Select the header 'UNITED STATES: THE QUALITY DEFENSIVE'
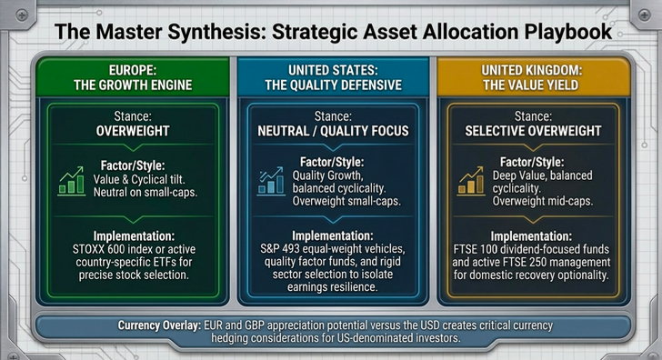point(334,76)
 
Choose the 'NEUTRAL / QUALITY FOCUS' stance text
point(333,130)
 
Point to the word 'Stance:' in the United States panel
point(333,116)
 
